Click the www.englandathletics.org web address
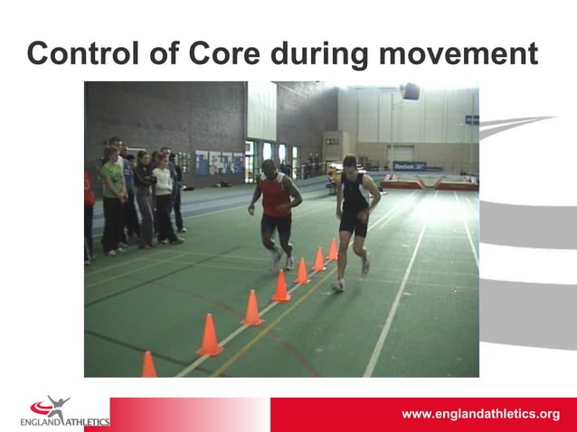tap(480, 414)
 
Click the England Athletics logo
tap(63, 412)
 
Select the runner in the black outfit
tap(355, 217)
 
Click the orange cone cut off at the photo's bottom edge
tap(148, 366)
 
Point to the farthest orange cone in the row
tap(333, 249)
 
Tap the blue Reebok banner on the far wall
tap(409, 166)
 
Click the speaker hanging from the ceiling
tap(411, 91)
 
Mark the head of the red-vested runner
tap(270, 168)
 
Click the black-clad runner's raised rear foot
tap(364, 265)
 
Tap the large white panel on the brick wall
tap(261, 111)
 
